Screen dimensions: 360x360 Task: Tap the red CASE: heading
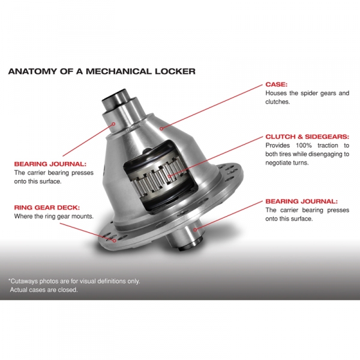(x=277, y=85)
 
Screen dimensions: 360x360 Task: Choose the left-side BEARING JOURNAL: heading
(x=50, y=163)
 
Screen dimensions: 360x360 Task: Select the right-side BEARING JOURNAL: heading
(x=301, y=202)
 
